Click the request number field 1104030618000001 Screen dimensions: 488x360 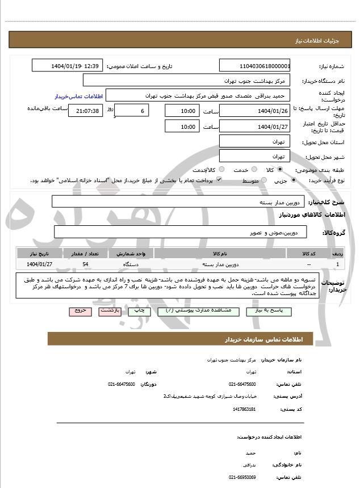click(x=254, y=66)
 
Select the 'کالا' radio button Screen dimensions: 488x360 click(x=280, y=170)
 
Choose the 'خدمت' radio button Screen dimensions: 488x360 click(x=254, y=170)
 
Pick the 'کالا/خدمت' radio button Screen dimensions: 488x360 click(x=221, y=170)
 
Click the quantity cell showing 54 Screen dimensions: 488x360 click(x=85, y=264)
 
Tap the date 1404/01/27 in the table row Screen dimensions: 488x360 click(x=39, y=264)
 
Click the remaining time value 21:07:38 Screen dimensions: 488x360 click(x=86, y=111)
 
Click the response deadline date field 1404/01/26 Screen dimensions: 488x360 click(x=254, y=111)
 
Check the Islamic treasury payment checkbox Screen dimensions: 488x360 click(x=219, y=180)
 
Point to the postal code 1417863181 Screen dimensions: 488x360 click(x=244, y=409)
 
